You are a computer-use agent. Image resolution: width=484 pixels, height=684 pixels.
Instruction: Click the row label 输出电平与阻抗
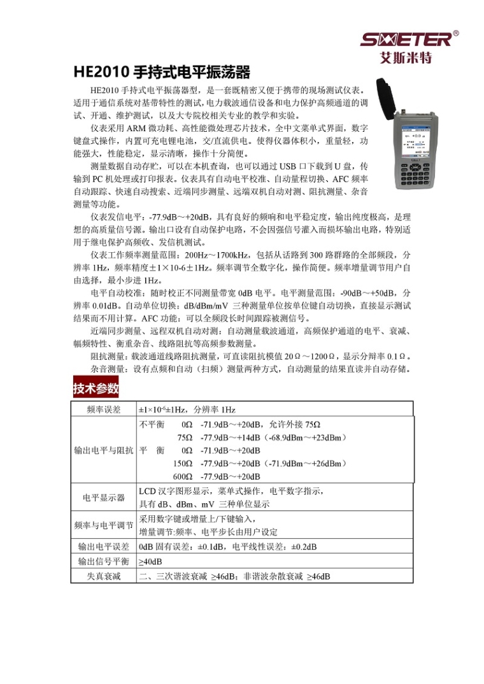(x=103, y=450)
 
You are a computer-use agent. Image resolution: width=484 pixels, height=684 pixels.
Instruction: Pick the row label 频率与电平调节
(x=103, y=525)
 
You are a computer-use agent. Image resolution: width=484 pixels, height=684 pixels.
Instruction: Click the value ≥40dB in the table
(x=150, y=562)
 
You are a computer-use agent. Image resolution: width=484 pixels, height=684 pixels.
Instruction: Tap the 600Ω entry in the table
(x=183, y=476)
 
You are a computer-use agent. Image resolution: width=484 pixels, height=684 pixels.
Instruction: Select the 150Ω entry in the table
(x=183, y=463)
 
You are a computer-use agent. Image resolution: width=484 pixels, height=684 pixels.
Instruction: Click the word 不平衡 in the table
(x=152, y=424)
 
